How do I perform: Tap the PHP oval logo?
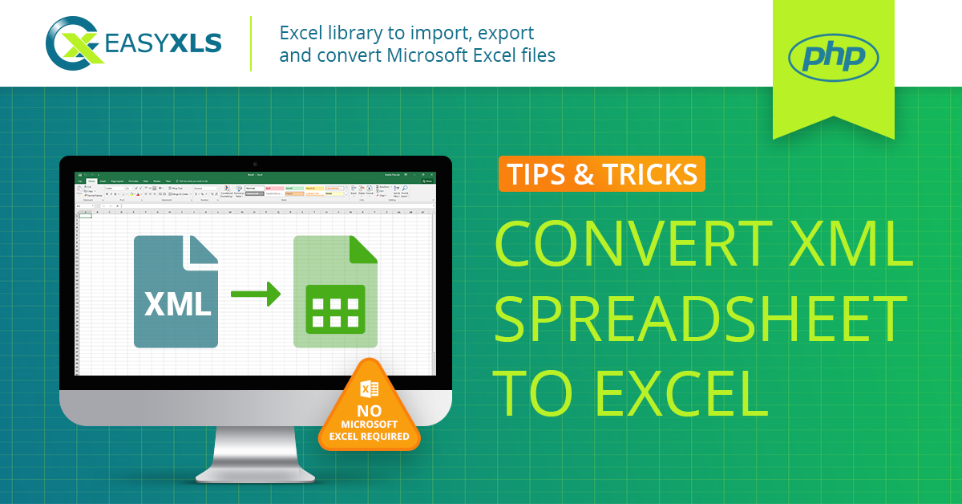tap(833, 58)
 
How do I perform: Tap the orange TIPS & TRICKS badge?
tap(601, 174)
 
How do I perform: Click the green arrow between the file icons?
tap(256, 294)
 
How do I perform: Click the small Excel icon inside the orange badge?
tap(370, 389)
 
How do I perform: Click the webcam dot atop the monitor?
tap(256, 163)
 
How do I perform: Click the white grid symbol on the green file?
tap(335, 309)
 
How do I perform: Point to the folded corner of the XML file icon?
tap(201, 251)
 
